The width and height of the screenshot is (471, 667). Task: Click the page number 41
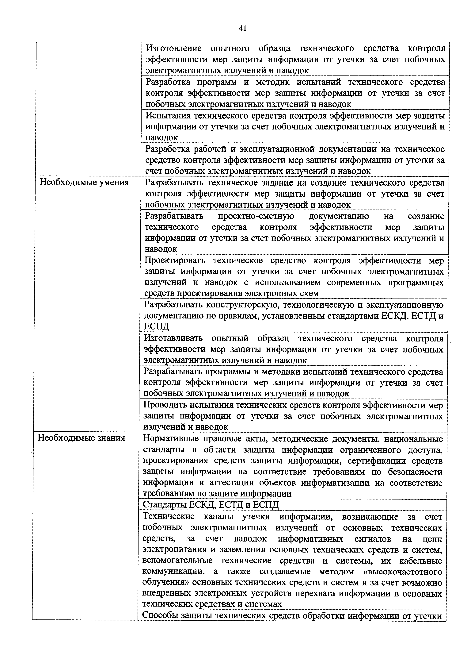tap(243, 28)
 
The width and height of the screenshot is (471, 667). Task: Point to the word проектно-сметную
tap(256, 216)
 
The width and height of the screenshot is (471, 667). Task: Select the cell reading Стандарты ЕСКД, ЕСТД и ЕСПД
tap(211, 505)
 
